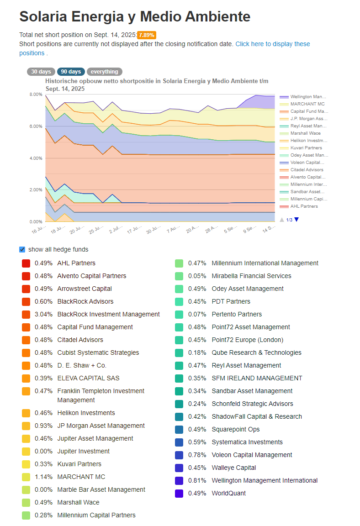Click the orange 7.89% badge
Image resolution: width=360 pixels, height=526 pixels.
click(x=147, y=35)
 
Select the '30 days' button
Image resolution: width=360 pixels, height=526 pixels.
click(x=41, y=71)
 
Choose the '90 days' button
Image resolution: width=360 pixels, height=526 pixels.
click(x=71, y=71)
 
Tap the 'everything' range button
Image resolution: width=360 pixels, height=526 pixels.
click(x=104, y=71)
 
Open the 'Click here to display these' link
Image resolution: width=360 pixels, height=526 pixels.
click(x=272, y=44)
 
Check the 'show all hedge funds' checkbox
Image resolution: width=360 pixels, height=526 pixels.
click(x=22, y=249)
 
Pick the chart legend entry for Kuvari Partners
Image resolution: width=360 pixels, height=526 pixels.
click(x=301, y=148)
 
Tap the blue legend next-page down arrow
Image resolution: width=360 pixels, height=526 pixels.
click(x=296, y=220)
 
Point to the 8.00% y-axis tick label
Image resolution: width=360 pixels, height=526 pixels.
click(x=36, y=95)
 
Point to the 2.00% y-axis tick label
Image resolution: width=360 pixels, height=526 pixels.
click(x=36, y=190)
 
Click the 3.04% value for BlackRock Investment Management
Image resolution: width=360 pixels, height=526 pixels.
click(x=43, y=314)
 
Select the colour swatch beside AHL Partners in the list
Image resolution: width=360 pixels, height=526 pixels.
click(x=26, y=263)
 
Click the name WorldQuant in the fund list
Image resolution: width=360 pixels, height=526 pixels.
click(x=228, y=494)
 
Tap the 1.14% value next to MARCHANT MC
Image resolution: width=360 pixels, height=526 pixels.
click(x=43, y=477)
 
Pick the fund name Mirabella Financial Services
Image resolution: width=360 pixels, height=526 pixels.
click(x=251, y=276)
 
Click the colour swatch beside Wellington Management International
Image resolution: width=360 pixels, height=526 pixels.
click(x=179, y=481)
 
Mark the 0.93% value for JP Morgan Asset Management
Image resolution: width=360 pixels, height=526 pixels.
click(x=43, y=426)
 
